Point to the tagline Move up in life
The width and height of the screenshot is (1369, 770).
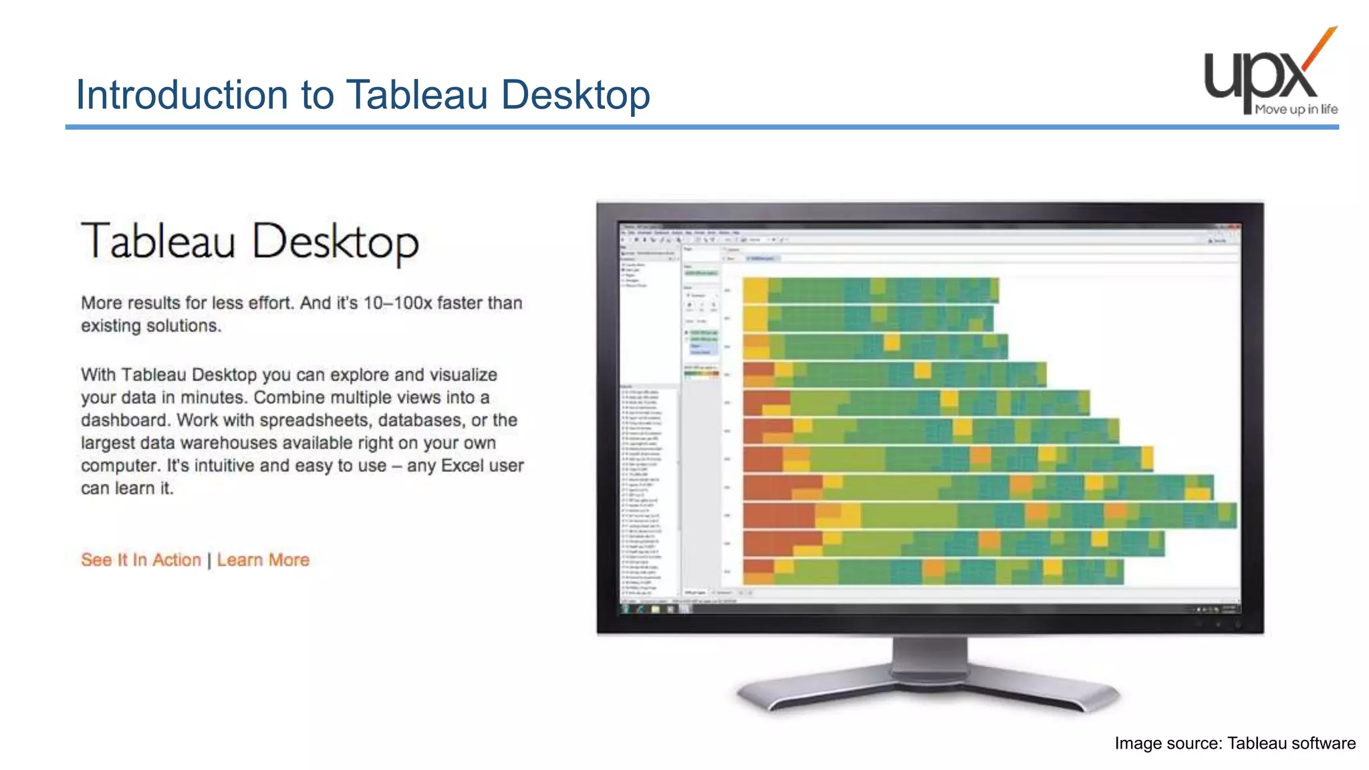(x=1296, y=110)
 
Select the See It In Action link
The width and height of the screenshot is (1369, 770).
(x=140, y=560)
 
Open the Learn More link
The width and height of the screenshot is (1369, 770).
(x=263, y=560)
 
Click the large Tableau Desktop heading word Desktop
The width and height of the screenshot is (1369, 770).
(x=336, y=242)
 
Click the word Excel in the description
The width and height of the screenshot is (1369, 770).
(x=466, y=466)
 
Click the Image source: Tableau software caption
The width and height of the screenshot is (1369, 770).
(x=1235, y=743)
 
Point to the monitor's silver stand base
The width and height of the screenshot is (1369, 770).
(x=929, y=695)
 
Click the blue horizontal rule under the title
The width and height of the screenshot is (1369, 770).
(x=702, y=127)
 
